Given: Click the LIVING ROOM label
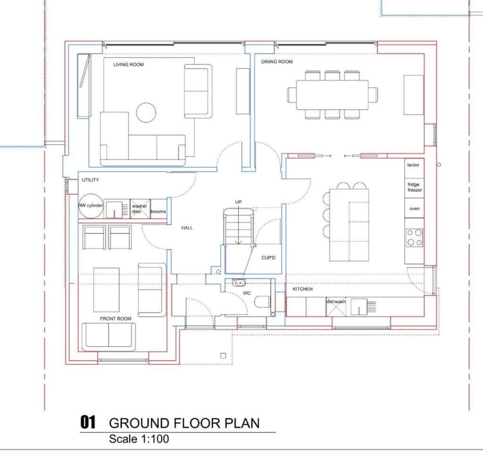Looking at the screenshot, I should pos(128,64).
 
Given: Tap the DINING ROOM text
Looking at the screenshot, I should pos(277,62).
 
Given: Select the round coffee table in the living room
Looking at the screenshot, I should pos(146,112).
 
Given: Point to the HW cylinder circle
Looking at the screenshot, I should pos(90,206).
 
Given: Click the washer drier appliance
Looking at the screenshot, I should pos(140,209).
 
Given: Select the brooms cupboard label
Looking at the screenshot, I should pos(158,211).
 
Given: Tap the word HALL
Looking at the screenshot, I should pos(187,228).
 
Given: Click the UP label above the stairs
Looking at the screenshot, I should pos(239,202).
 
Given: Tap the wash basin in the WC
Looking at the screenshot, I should pos(238,283).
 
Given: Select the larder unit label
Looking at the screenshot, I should pos(414,165).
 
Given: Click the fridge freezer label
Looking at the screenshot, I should pos(415,187).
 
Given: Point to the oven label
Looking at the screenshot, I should pos(415,208).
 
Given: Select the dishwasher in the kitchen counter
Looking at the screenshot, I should pos(336,306).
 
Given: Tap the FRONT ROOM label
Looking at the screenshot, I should pos(116,319).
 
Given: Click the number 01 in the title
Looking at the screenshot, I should pos(89,422).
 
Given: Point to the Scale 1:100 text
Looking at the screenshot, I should pos(139,439).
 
